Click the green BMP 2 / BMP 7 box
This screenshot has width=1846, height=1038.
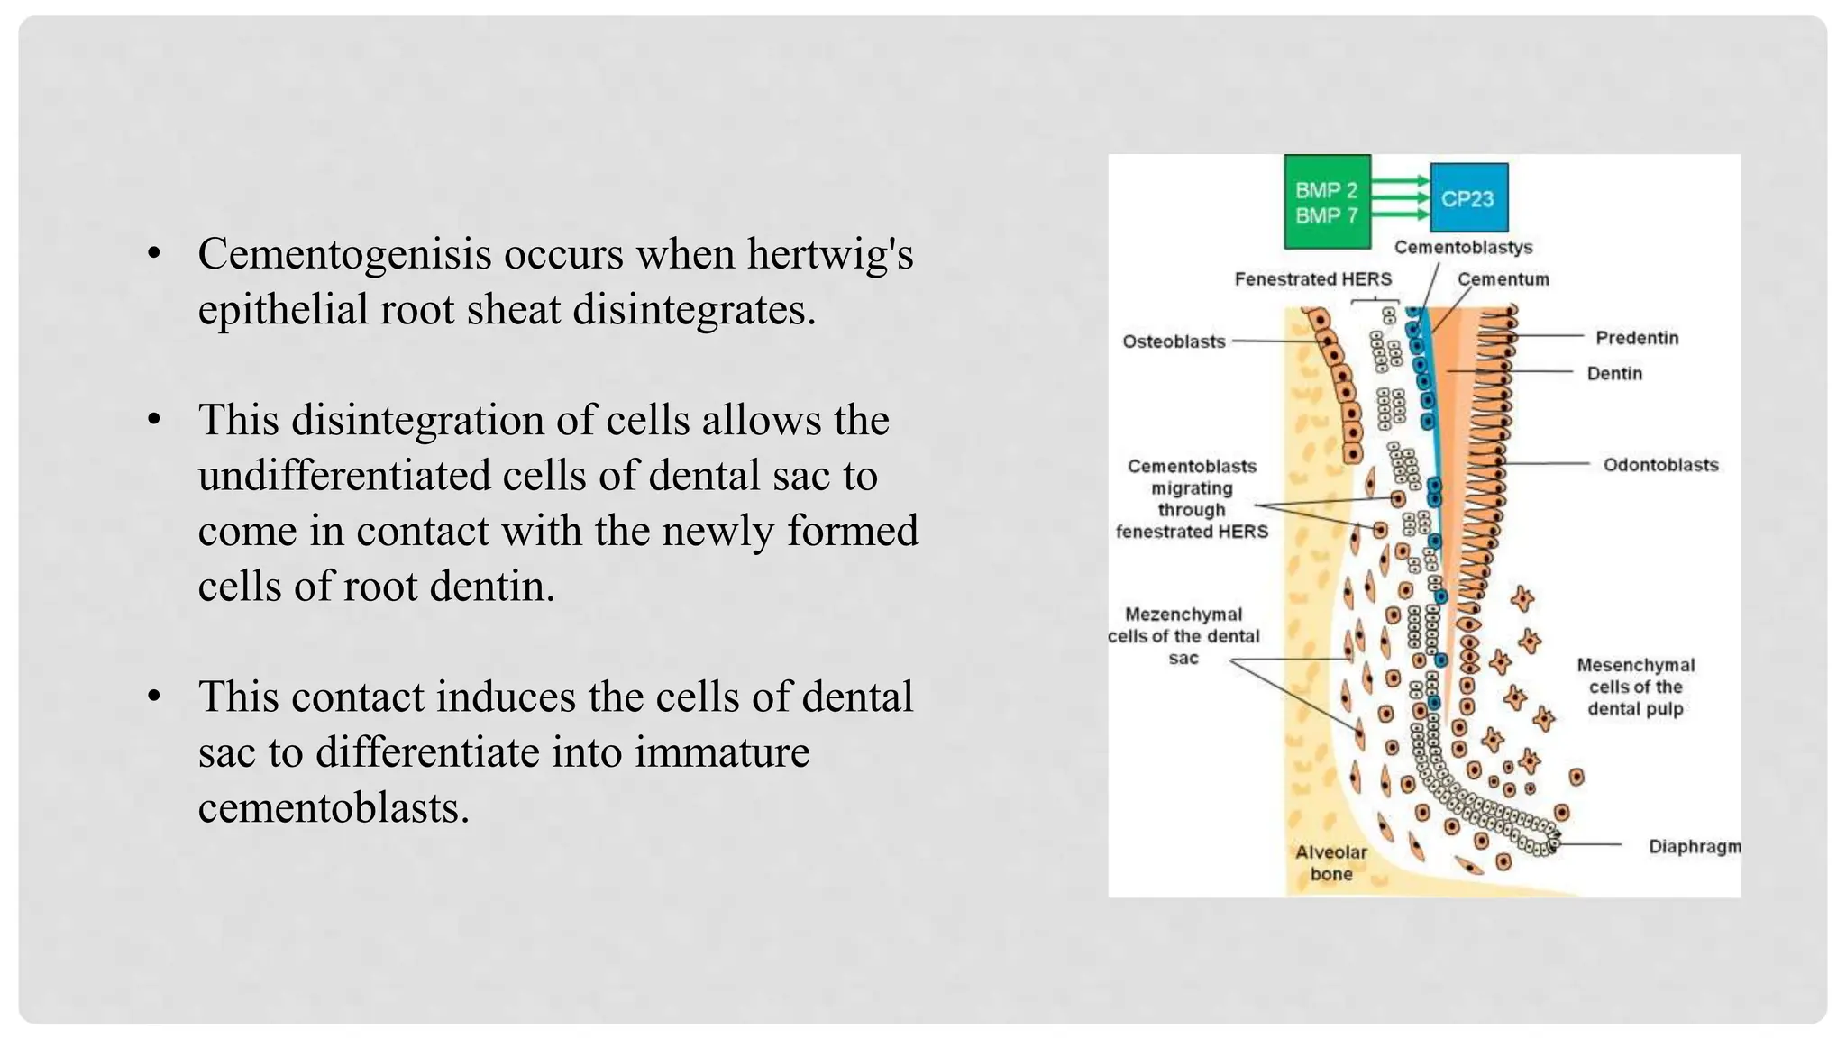point(1327,202)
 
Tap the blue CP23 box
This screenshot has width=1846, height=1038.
point(1468,198)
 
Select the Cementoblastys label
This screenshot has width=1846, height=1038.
point(1463,248)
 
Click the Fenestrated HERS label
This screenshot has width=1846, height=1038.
point(1312,279)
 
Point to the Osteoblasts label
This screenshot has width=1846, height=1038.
point(1174,341)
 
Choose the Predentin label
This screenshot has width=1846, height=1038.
point(1637,338)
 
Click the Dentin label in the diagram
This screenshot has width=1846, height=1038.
point(1614,373)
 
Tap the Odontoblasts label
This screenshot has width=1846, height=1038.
point(1660,465)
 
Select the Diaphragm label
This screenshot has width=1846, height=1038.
point(1694,847)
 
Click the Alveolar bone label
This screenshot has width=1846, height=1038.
point(1331,862)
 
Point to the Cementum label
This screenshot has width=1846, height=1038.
point(1503,279)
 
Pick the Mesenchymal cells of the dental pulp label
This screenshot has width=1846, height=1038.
point(1635,687)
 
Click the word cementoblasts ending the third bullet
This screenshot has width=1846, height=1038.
point(333,807)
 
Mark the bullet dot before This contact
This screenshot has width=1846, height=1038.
point(154,697)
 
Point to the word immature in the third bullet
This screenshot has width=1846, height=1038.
point(722,752)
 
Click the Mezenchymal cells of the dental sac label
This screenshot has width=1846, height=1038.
point(1183,636)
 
